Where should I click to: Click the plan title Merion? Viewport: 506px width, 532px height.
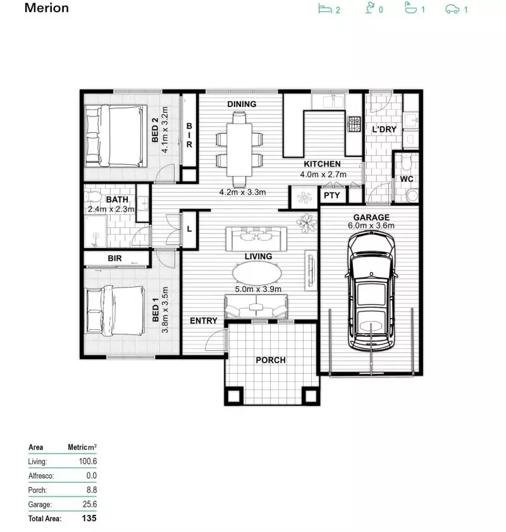pyautogui.click(x=46, y=9)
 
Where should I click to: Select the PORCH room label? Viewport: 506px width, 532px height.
pyautogui.click(x=271, y=360)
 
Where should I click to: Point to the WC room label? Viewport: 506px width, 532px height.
pyautogui.click(x=406, y=180)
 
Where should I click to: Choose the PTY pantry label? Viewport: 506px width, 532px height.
pyautogui.click(x=332, y=196)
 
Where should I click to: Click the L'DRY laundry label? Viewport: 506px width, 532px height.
pyautogui.click(x=383, y=130)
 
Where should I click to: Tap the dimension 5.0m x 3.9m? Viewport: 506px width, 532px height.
pyautogui.click(x=259, y=289)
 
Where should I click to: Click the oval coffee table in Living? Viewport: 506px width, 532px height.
pyautogui.click(x=258, y=274)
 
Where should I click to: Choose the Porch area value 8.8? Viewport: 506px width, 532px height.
pyautogui.click(x=91, y=490)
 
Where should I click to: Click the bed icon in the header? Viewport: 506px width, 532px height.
pyautogui.click(x=325, y=9)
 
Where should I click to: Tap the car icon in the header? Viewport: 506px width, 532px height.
pyautogui.click(x=452, y=9)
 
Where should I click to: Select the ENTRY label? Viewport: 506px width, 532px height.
pyautogui.click(x=204, y=321)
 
